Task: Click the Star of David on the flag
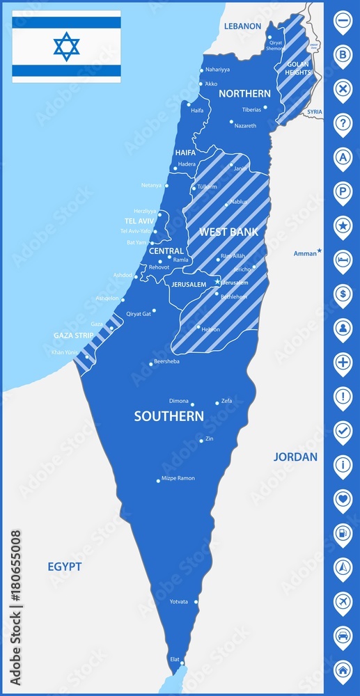pyautogui.click(x=67, y=46)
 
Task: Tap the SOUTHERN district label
pyautogui.click(x=169, y=416)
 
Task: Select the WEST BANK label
pyautogui.click(x=228, y=232)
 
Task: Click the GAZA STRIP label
pyautogui.click(x=74, y=335)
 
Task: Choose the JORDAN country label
pyautogui.click(x=295, y=457)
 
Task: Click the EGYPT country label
pyautogui.click(x=65, y=567)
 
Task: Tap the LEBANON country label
pyautogui.click(x=242, y=26)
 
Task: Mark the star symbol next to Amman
pyautogui.click(x=320, y=251)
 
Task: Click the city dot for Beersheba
pyautogui.click(x=151, y=363)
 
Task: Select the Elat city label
pyautogui.click(x=174, y=658)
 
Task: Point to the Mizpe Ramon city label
pyautogui.click(x=178, y=478)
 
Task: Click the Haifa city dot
pyautogui.click(x=189, y=105)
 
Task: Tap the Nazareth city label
pyautogui.click(x=245, y=125)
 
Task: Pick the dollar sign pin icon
pyautogui.click(x=343, y=293)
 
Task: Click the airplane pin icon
pyautogui.click(x=343, y=600)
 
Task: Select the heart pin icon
pyautogui.click(x=343, y=498)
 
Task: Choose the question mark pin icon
pyautogui.click(x=343, y=123)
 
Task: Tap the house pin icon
pyautogui.click(x=343, y=669)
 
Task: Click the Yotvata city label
pyautogui.click(x=179, y=601)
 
